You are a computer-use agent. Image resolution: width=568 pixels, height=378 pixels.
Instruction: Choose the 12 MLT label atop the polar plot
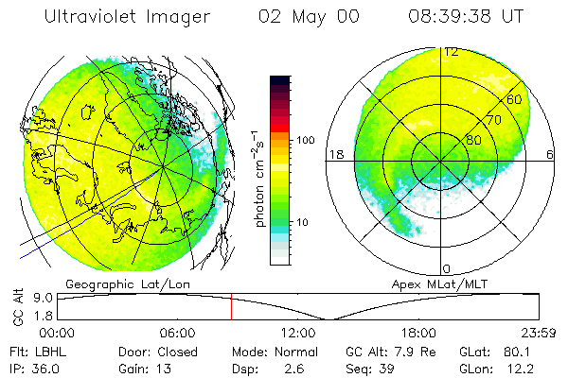452,51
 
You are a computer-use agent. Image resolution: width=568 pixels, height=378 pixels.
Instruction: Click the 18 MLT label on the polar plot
334,154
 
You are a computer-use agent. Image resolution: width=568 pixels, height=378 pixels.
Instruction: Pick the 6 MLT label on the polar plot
550,154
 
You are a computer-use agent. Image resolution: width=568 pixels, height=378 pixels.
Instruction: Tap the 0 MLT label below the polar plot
446,269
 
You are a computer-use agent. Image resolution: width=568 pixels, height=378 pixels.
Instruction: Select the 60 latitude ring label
515,99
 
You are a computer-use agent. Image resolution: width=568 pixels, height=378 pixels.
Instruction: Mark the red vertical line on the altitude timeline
231,306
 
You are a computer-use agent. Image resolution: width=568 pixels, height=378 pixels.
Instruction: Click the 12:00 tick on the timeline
299,333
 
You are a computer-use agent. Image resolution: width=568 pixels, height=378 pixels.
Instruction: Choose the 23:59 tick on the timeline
539,333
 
